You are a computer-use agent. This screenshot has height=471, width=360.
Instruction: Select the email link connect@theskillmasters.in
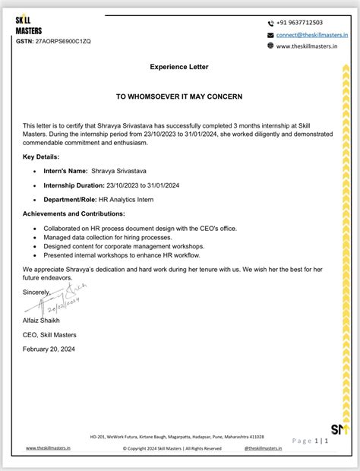coord(312,34)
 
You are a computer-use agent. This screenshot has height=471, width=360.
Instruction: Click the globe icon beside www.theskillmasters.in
coord(270,46)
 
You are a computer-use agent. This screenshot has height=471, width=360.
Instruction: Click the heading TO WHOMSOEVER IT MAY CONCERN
coord(178,97)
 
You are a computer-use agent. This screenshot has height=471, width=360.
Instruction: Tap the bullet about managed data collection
coord(97,237)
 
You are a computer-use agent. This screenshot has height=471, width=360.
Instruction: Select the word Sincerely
coord(36,292)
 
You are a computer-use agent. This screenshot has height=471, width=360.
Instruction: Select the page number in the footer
coord(319,441)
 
